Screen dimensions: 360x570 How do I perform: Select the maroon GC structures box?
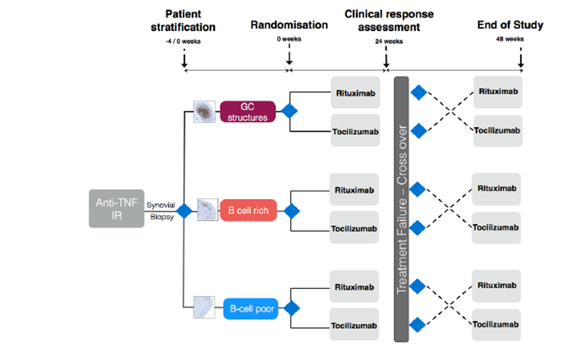coord(248,111)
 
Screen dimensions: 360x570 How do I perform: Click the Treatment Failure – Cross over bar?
coord(403,210)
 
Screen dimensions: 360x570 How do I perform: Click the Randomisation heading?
coord(289,25)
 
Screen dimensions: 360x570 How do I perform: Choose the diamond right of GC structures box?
coord(289,111)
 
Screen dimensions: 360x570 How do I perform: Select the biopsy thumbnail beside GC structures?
coord(205,111)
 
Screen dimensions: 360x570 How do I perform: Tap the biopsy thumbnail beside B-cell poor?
coord(205,307)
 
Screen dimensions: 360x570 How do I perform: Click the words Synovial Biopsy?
coord(160,210)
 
